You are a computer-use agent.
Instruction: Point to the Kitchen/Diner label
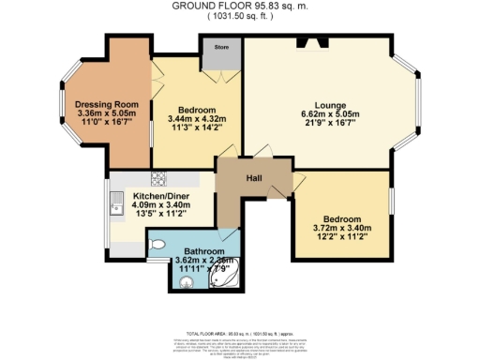click(x=150, y=194)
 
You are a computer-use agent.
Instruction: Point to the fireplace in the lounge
click(x=311, y=42)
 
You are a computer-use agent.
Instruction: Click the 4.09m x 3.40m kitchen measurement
click(x=150, y=204)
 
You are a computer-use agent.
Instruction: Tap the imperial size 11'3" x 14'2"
click(x=197, y=129)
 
